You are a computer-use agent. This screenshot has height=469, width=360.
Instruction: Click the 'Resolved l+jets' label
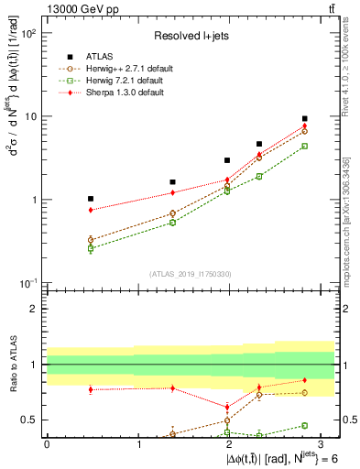point(190,36)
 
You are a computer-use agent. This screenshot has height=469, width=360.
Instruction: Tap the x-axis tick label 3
point(322,444)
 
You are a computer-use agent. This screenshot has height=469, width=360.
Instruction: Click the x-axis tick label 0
point(47,444)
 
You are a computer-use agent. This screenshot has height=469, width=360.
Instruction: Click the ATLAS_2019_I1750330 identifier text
point(191,273)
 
